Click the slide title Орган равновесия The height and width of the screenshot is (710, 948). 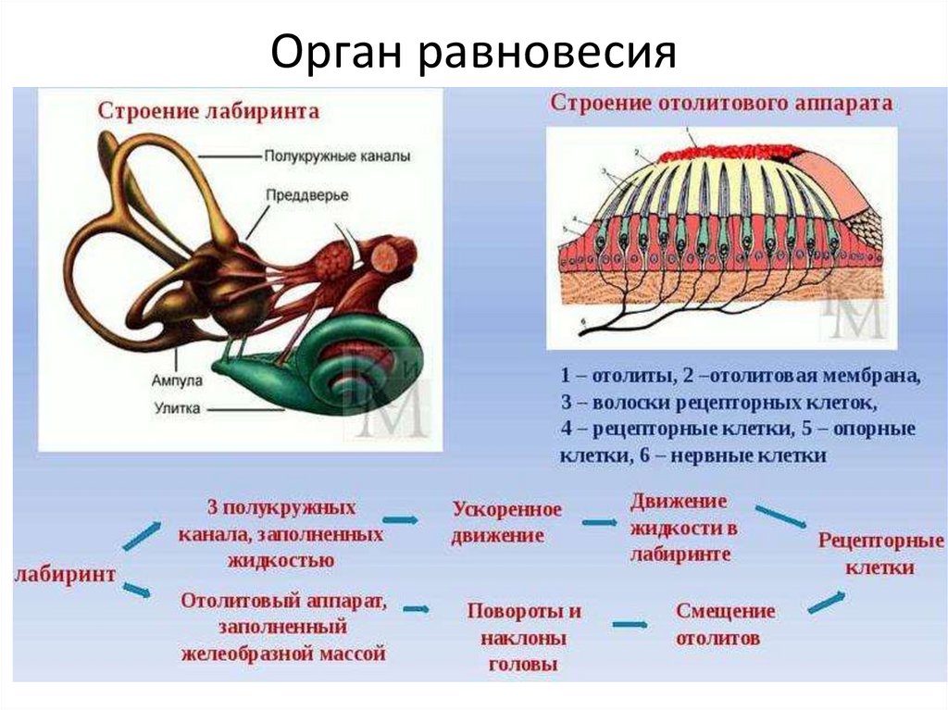pos(473,53)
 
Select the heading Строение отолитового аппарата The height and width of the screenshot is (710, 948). pos(721,103)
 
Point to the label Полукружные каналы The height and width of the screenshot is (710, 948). pos(337,157)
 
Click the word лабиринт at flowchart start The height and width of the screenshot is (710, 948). pos(66,574)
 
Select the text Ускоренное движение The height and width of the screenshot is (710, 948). pos(506,523)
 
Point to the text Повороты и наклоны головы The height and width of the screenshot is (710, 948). pos(524,638)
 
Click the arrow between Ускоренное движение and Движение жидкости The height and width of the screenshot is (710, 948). pos(599,522)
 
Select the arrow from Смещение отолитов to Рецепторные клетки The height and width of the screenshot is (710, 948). pos(826,601)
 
